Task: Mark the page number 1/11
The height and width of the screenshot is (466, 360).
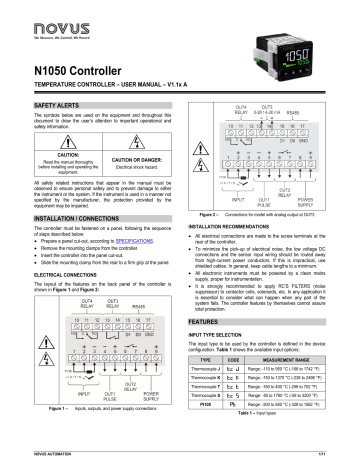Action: click(x=342, y=457)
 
